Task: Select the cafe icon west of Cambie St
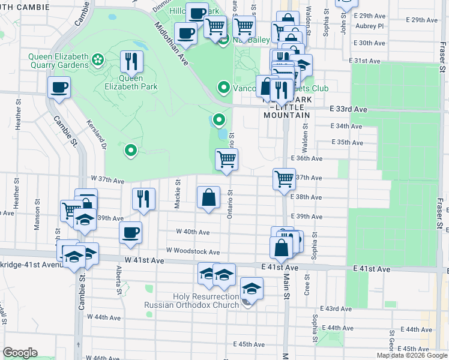59,88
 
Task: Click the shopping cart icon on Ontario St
226,160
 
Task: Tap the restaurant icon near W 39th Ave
143,199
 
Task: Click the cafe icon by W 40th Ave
130,233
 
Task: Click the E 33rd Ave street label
348,109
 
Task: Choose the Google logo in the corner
20,353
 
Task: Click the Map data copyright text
412,355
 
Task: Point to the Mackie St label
178,193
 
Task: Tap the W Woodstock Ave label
197,253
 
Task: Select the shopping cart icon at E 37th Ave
283,178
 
